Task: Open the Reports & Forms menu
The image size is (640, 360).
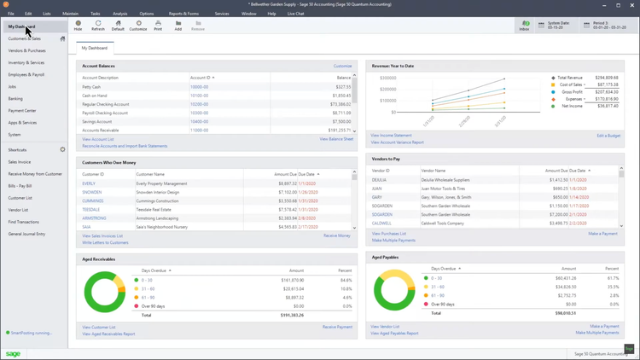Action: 183,14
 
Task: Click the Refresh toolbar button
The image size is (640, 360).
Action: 98,26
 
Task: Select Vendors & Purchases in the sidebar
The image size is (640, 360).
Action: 27,50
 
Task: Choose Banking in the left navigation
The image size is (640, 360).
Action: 15,99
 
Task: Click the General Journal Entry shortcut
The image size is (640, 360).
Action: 26,234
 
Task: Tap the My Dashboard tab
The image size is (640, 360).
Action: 95,48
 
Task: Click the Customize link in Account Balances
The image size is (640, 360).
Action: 342,66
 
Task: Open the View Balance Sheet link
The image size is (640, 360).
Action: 336,139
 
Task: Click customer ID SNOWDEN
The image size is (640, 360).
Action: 92,192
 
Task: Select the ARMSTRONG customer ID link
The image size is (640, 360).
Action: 94,218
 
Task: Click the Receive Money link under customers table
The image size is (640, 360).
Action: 336,235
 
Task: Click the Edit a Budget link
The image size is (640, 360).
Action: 608,136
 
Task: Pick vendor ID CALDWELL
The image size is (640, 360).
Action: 381,224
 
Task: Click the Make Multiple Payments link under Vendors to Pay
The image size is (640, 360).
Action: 393,241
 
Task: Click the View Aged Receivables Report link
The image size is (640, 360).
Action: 108,334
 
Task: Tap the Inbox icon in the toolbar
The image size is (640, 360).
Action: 524,26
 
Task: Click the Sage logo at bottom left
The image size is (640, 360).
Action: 13,353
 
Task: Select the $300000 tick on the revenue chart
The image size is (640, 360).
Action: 387,78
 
